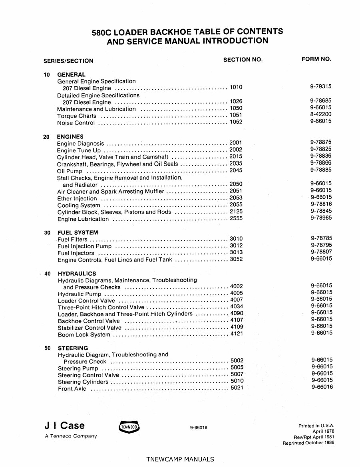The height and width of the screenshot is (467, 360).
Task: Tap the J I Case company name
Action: (x=65, y=425)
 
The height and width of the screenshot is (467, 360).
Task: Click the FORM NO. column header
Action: (x=316, y=59)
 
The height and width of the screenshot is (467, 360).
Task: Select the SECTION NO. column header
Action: (x=243, y=59)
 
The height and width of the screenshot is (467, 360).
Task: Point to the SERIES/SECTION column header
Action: (x=68, y=61)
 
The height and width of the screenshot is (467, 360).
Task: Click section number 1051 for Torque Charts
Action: (x=236, y=115)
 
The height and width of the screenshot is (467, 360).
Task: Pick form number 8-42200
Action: (x=321, y=114)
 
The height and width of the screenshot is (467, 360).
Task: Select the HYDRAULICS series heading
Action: (x=77, y=273)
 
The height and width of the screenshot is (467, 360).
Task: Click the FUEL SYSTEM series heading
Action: (x=78, y=232)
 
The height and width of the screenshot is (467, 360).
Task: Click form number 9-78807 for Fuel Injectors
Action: (x=321, y=252)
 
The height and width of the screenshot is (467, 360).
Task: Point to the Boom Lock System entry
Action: (x=84, y=334)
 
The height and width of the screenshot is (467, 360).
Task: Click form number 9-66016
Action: (x=322, y=387)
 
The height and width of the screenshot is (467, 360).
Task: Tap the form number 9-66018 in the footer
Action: (x=199, y=428)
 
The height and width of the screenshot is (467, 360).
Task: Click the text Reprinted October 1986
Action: (x=308, y=443)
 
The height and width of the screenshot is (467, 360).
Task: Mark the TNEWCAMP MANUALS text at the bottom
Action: (x=180, y=459)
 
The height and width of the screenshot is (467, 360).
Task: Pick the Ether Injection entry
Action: (x=77, y=198)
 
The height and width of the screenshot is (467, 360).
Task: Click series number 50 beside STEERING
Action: (x=48, y=348)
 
